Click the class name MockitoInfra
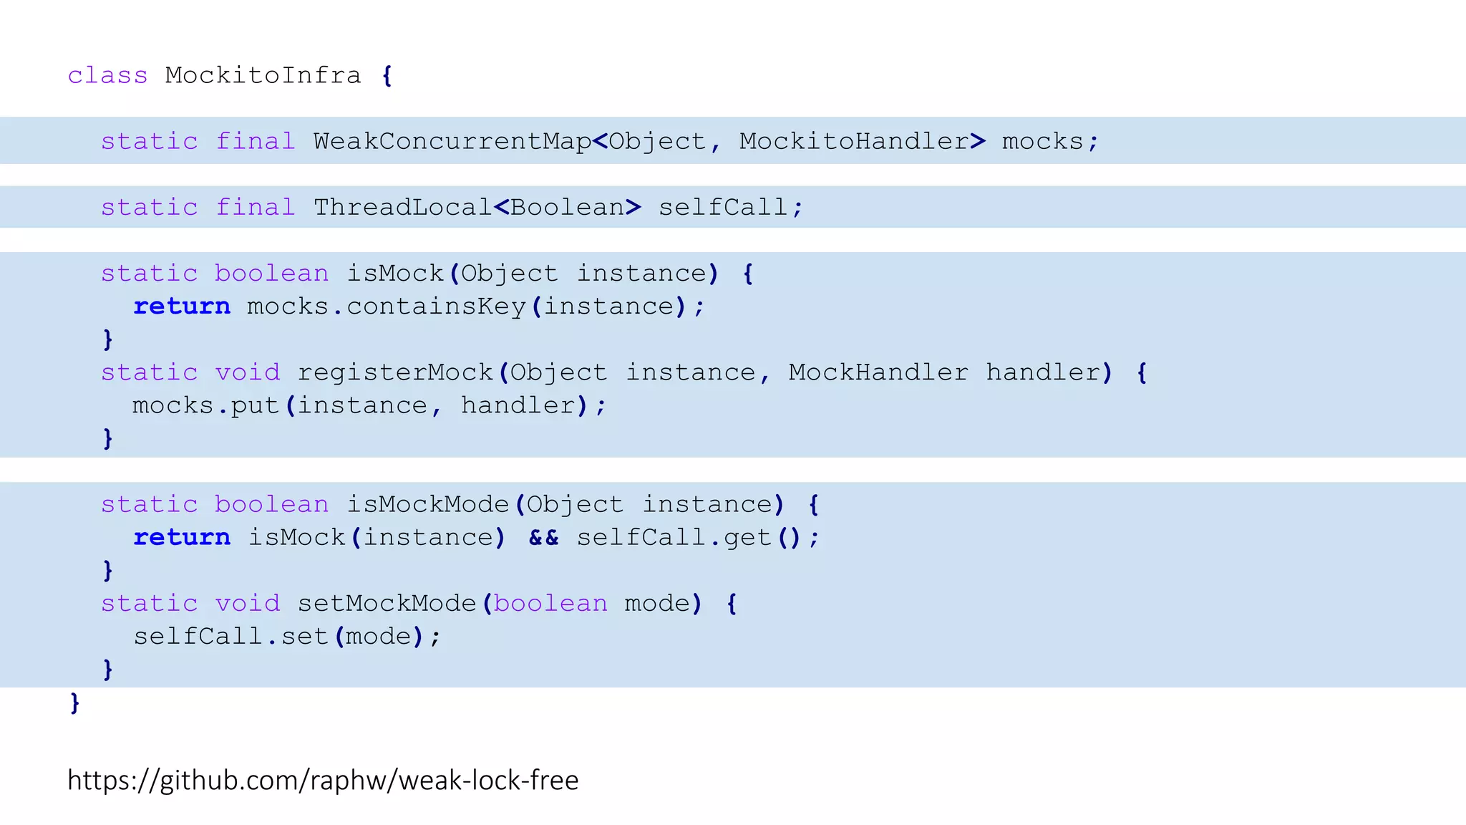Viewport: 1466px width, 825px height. point(263,75)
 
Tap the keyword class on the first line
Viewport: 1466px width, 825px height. point(107,75)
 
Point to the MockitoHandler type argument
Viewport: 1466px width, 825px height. point(854,141)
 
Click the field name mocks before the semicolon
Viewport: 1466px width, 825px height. point(1042,141)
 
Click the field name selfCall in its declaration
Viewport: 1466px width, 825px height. point(723,207)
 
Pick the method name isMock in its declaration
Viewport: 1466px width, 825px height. point(395,273)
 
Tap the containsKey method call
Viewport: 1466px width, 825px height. point(437,307)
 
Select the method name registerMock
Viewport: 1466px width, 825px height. point(395,372)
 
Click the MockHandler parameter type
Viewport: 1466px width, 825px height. point(878,372)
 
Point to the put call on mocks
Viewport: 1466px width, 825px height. point(254,405)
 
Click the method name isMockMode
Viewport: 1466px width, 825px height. point(427,504)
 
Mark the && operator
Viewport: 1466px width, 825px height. point(543,537)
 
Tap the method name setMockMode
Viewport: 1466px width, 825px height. point(387,603)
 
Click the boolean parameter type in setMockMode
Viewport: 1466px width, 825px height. point(550,603)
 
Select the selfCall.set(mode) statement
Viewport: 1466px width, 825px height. point(286,636)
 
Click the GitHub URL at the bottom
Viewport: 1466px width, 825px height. point(323,780)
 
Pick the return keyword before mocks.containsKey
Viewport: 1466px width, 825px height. point(182,307)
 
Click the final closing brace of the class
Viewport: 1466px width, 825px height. point(74,703)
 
